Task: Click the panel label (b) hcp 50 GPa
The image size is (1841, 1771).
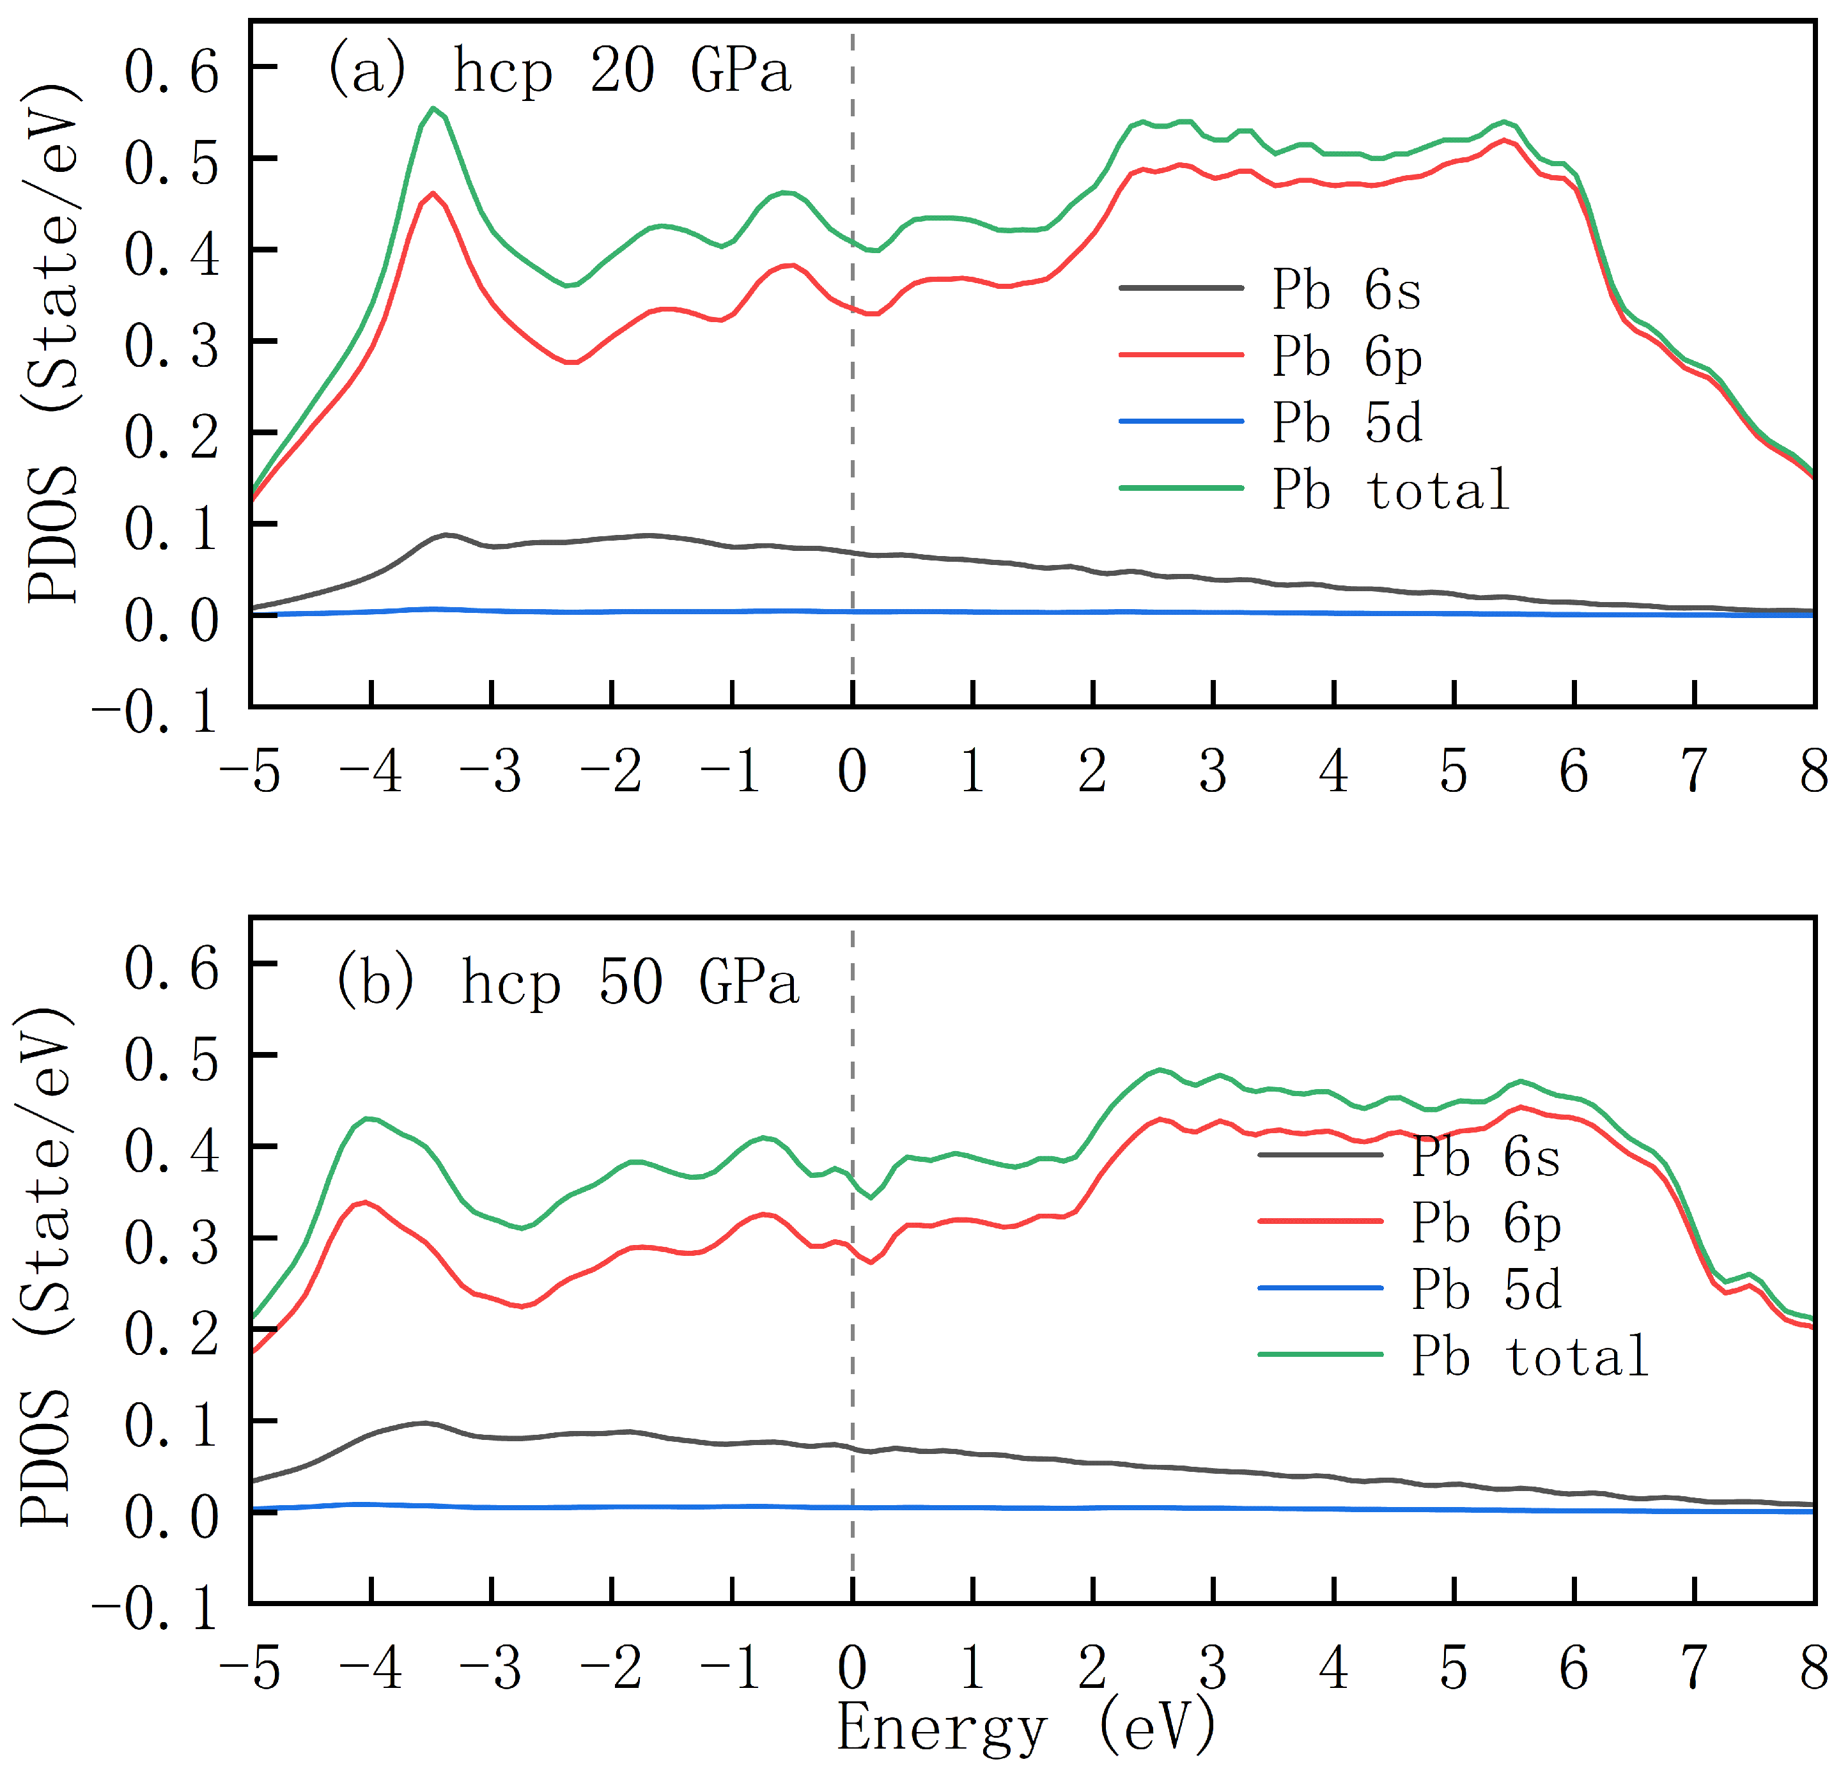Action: click(566, 982)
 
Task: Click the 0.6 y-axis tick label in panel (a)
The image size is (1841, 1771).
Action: click(173, 70)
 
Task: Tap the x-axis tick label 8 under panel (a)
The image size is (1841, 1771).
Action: click(1814, 772)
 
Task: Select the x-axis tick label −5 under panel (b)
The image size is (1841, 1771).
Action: click(250, 1669)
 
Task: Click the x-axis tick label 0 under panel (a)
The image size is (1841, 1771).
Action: click(852, 772)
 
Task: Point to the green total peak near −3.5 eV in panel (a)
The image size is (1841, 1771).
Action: click(433, 108)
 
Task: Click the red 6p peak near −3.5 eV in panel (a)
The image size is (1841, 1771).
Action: click(433, 194)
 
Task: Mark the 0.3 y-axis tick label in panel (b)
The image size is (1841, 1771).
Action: click(173, 1241)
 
